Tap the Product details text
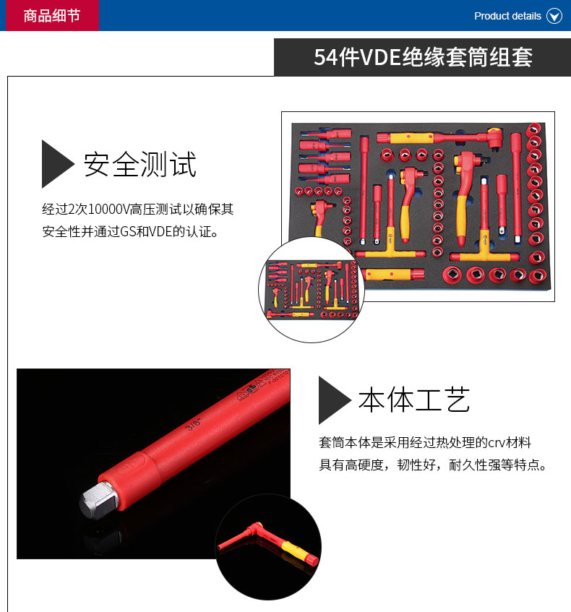tap(507, 16)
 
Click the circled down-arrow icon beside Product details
tap(554, 16)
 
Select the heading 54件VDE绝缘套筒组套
tap(423, 57)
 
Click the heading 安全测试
tap(139, 164)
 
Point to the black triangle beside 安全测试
tap(56, 164)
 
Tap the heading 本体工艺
tap(414, 400)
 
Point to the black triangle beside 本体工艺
tap(334, 400)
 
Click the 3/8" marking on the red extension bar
tap(193, 423)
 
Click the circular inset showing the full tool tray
tap(312, 290)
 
